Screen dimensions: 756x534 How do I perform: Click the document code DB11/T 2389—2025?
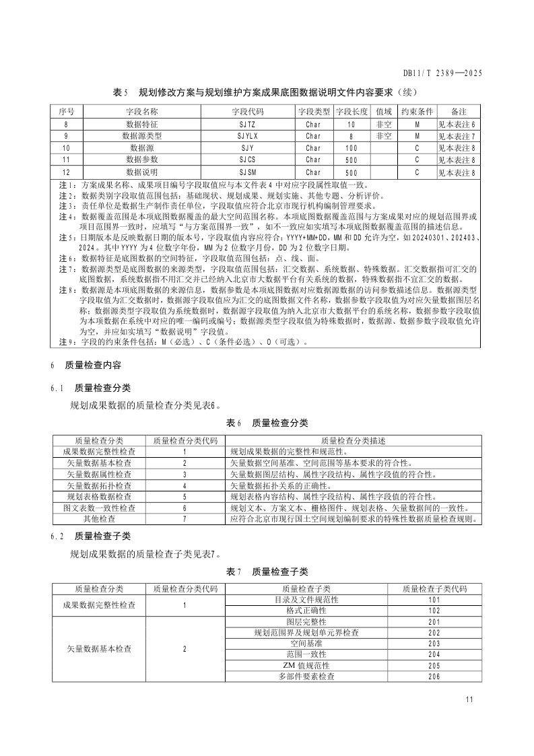(442, 74)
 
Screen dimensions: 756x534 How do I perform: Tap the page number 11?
(469, 699)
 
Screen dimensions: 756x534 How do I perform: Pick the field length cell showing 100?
(351, 147)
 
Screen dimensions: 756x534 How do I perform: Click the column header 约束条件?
(417, 111)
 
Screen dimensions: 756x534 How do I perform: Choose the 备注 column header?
(458, 111)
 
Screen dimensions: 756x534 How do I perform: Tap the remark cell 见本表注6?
(457, 124)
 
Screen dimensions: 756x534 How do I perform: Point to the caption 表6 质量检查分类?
(267, 423)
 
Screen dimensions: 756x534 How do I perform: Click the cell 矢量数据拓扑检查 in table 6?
(99, 485)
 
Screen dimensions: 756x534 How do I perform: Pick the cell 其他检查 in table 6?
(99, 520)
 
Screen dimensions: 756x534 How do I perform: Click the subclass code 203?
(434, 644)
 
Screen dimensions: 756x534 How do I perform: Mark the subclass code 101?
(434, 598)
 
